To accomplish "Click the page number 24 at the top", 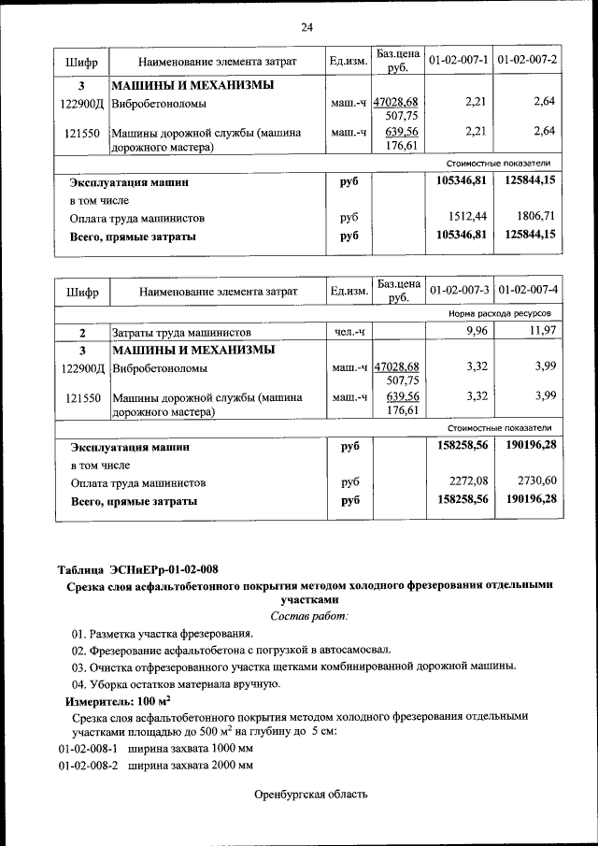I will (306, 26).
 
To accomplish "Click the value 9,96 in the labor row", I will (477, 332).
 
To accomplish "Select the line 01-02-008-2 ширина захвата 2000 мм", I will (155, 766).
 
